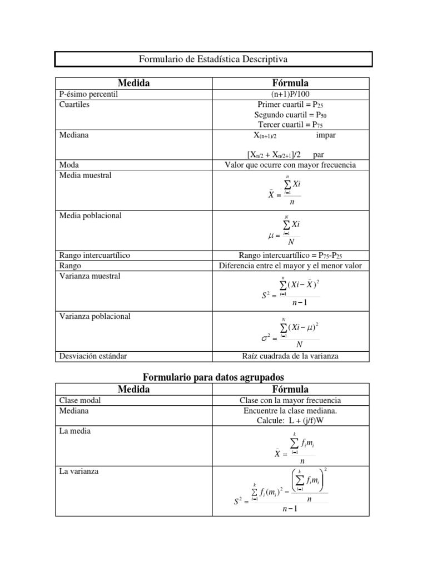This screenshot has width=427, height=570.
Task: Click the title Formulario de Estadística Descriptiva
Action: point(213,59)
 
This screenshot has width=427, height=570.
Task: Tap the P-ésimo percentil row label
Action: point(88,94)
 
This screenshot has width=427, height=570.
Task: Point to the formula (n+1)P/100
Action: point(290,94)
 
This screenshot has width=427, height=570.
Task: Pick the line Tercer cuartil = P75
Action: point(290,124)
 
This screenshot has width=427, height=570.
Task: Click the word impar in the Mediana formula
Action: point(325,135)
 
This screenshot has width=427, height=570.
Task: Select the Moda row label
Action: point(69,165)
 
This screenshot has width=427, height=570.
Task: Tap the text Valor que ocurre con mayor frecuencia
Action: point(290,165)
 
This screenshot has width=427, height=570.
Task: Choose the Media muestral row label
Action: point(85,175)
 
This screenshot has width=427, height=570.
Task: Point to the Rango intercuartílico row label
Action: point(94,255)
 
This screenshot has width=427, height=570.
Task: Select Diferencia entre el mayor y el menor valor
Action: point(290,266)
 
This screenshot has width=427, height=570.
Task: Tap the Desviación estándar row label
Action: point(89,356)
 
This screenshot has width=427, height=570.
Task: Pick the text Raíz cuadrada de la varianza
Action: point(290,356)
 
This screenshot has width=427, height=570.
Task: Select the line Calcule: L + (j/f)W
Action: point(290,420)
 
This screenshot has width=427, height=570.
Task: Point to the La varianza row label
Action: point(78,471)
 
